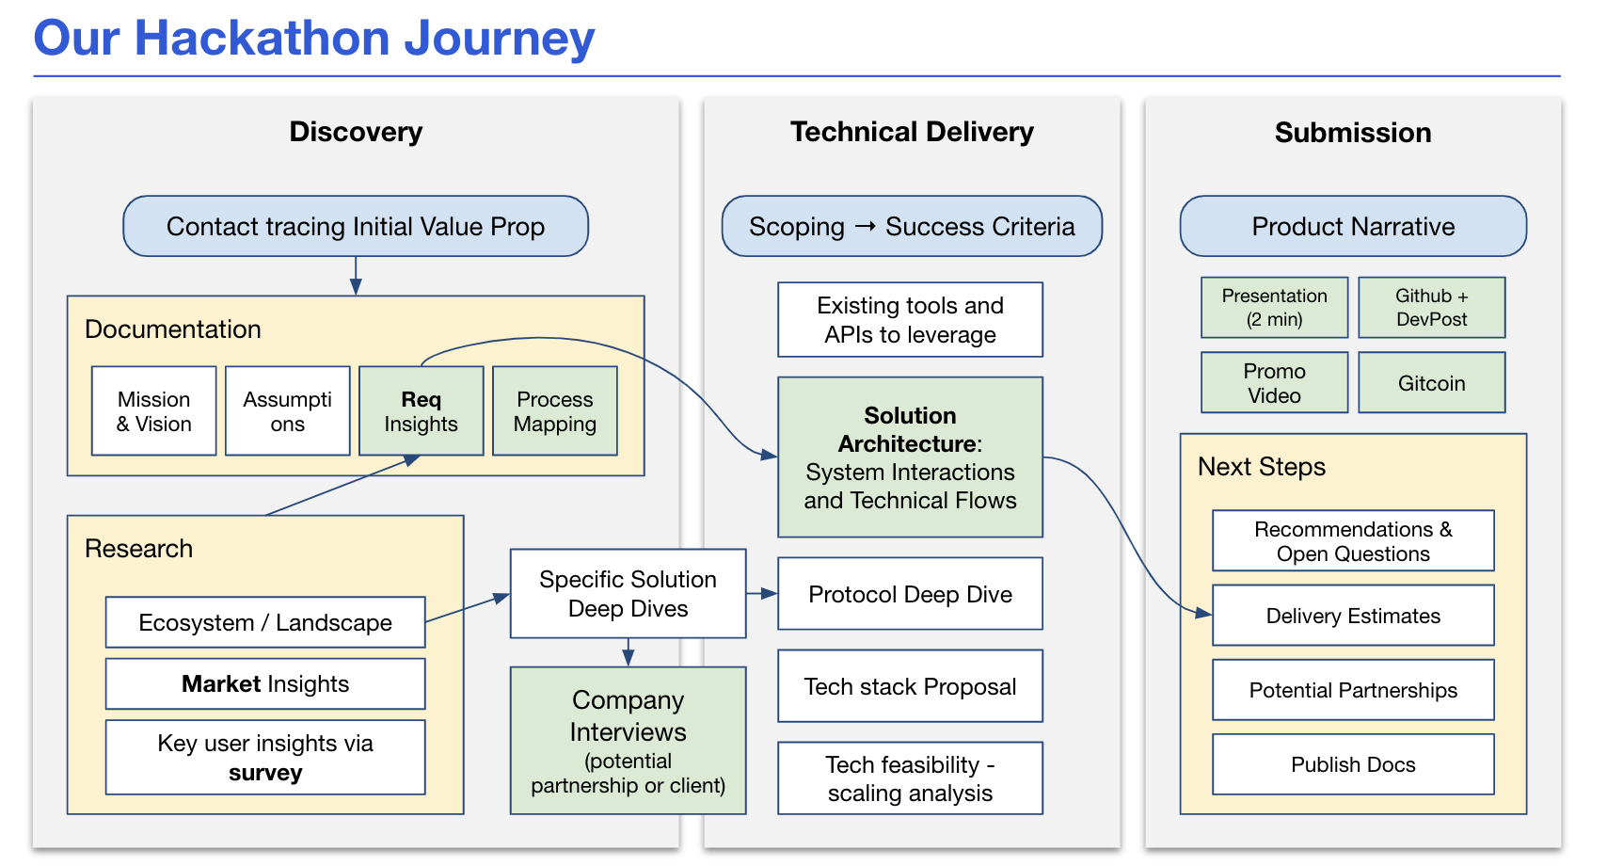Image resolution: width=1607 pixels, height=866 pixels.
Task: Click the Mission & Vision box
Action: click(x=154, y=411)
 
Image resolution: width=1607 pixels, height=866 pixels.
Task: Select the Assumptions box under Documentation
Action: click(x=288, y=411)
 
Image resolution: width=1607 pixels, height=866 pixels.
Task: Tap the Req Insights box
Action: click(x=422, y=411)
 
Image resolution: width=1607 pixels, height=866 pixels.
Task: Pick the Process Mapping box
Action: click(x=555, y=411)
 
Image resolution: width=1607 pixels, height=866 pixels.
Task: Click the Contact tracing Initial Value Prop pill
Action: click(x=356, y=227)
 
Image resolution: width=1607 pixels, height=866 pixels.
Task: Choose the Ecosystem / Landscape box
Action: click(x=265, y=622)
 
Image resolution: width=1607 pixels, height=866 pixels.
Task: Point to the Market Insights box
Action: click(x=265, y=684)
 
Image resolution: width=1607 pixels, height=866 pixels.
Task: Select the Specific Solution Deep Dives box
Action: click(x=628, y=594)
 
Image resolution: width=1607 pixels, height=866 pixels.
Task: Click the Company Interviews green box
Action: click(x=628, y=741)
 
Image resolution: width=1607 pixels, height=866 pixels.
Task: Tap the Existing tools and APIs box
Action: click(x=910, y=320)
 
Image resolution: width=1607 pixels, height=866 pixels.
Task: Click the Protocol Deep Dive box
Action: click(x=910, y=594)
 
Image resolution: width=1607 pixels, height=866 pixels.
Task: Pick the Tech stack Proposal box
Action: click(x=910, y=686)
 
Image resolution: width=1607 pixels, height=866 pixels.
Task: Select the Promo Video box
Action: click(x=1275, y=383)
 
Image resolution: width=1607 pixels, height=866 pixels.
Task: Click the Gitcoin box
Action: click(x=1432, y=383)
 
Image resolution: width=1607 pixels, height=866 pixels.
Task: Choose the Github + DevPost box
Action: click(x=1432, y=308)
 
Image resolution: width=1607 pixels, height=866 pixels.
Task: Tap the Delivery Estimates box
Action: click(x=1353, y=616)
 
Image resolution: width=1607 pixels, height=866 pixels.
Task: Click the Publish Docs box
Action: click(x=1353, y=764)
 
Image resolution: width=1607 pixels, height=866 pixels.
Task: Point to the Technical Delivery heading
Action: click(x=912, y=132)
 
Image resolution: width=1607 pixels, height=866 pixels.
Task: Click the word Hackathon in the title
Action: click(x=263, y=39)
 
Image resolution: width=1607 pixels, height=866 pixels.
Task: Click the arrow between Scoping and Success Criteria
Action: click(x=866, y=227)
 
